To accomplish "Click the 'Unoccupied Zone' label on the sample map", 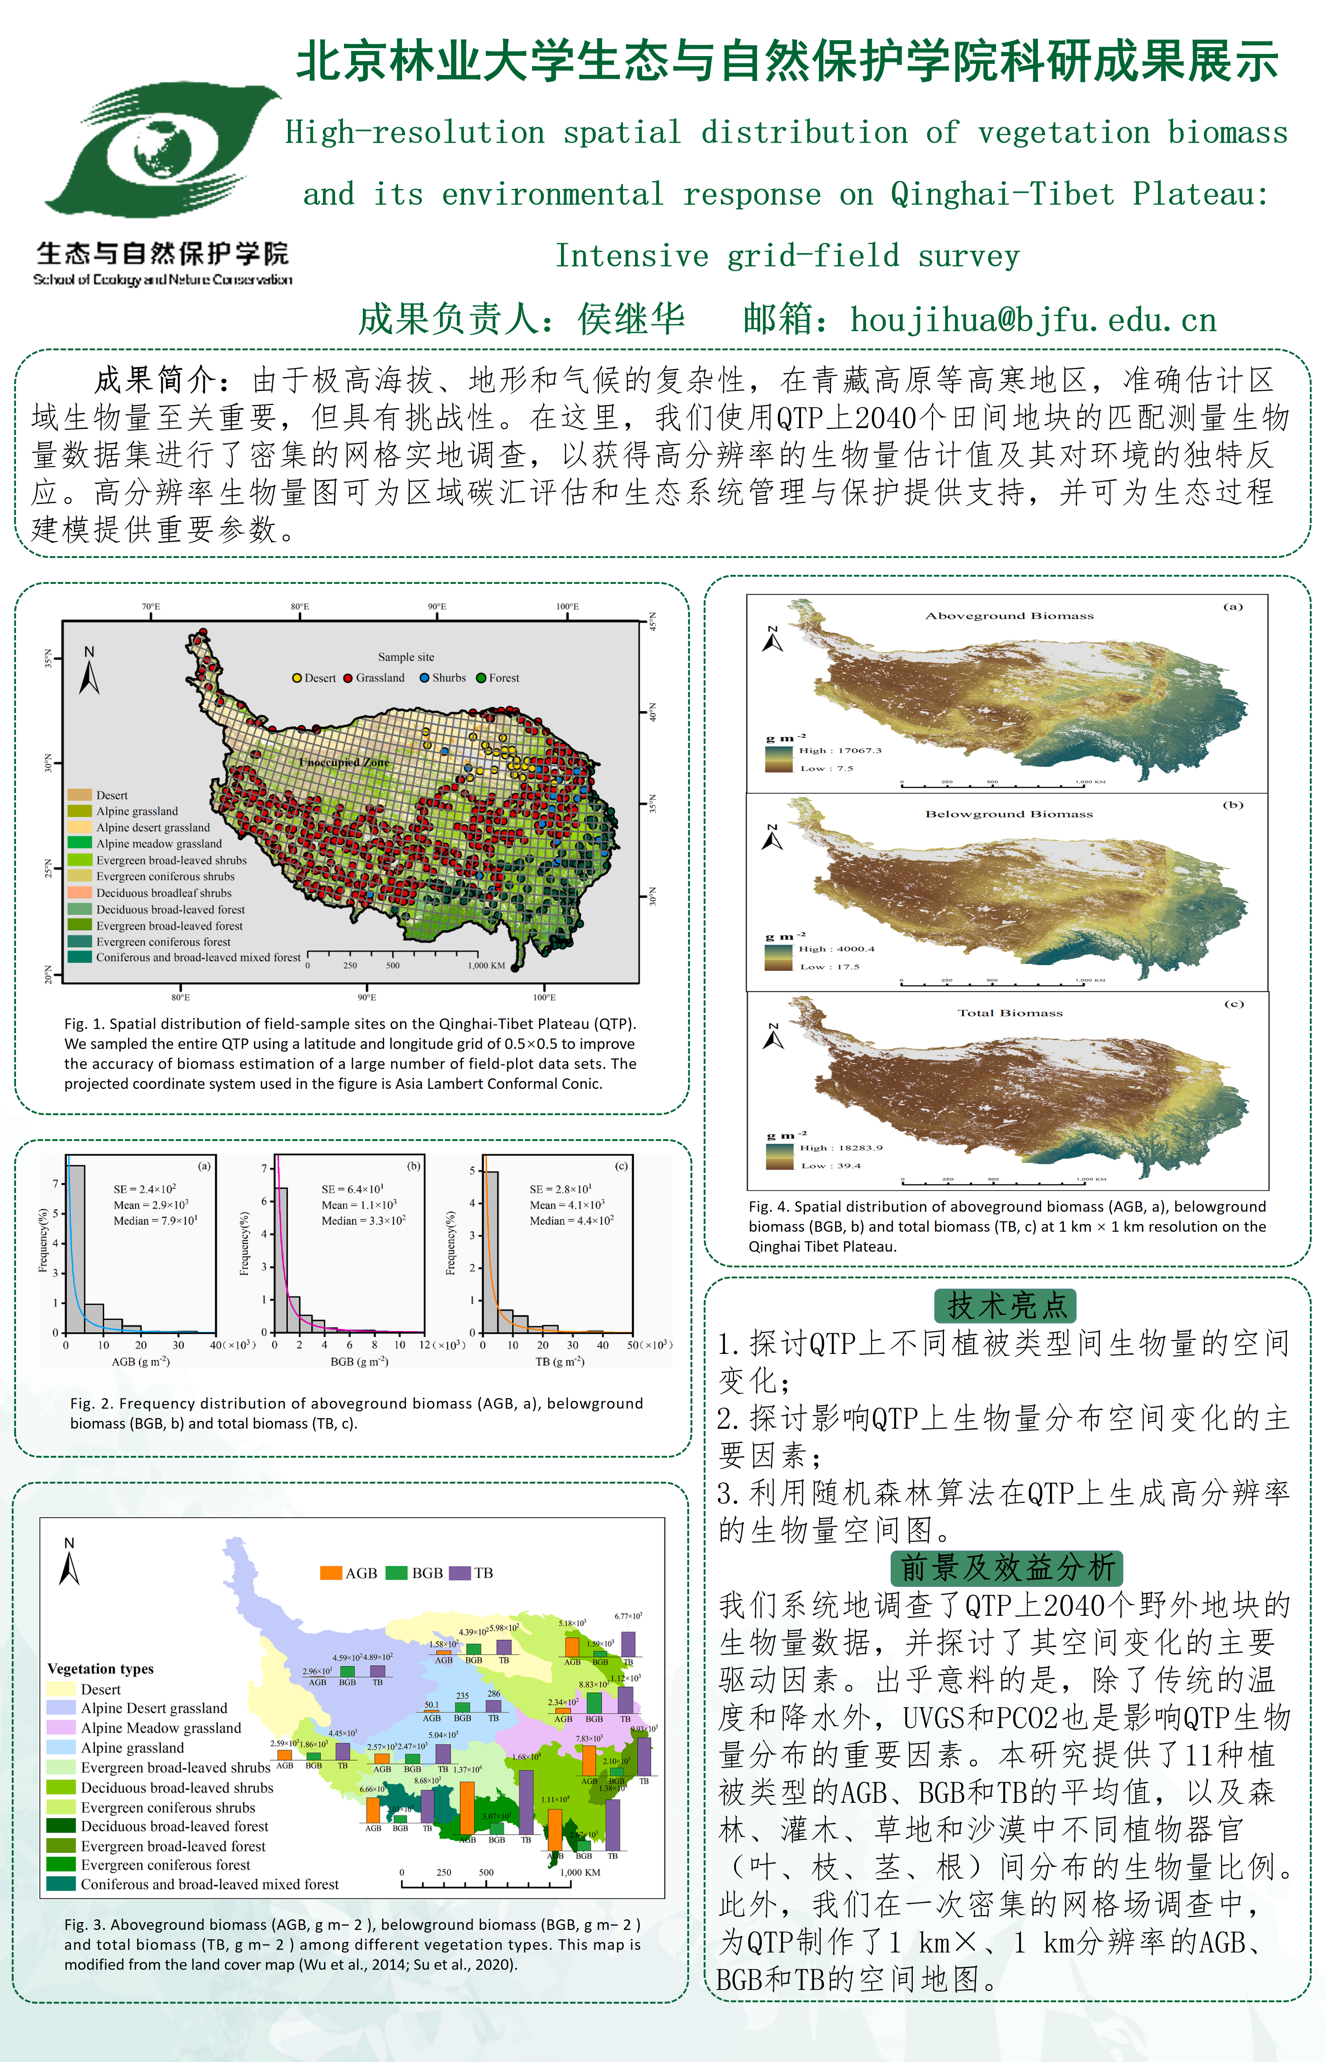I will [x=344, y=763].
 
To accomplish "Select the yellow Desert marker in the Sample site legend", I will [x=297, y=678].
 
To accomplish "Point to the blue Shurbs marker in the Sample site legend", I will [x=424, y=678].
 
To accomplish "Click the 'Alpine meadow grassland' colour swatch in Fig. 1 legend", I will [x=79, y=843].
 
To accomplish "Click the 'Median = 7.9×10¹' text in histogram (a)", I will [x=156, y=1220].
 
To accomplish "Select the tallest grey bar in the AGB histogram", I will [x=76, y=1248].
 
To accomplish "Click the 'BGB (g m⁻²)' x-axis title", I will [x=360, y=1361].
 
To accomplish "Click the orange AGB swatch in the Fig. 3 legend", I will [x=330, y=1572].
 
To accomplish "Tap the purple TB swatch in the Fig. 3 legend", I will [x=460, y=1572].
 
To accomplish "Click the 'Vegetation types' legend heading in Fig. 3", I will [x=101, y=1669].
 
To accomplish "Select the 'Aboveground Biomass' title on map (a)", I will [x=1009, y=616].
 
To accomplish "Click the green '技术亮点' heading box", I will [x=1005, y=1306].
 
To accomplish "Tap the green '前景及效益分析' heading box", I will [x=1007, y=1567].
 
